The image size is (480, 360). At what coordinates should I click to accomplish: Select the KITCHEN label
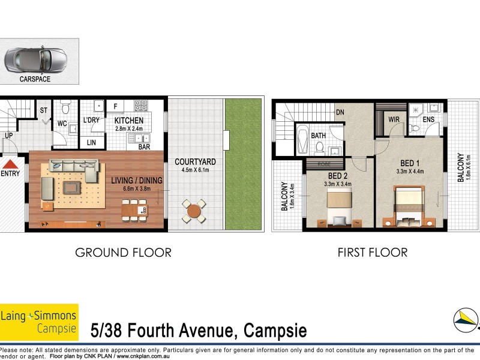129,121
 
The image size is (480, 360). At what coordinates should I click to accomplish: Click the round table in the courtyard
193,210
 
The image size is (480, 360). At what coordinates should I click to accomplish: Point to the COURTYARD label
195,162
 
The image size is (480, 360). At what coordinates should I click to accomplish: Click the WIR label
394,119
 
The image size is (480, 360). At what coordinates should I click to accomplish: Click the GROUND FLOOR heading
123,253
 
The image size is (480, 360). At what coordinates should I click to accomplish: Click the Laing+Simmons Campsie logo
39,322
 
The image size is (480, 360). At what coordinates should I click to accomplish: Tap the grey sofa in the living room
75,170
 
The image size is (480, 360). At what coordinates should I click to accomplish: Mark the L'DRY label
91,121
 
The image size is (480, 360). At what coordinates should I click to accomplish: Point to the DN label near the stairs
340,112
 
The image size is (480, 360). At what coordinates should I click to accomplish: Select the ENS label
428,119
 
